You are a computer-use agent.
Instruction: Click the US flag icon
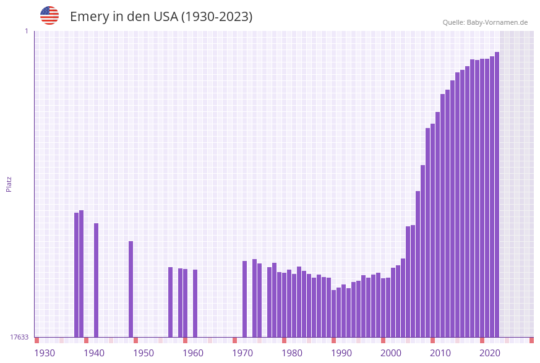[x=49, y=15]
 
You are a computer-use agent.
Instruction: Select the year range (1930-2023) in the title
[x=216, y=17]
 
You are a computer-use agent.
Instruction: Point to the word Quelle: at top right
[x=453, y=23]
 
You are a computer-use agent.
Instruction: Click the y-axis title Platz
[x=9, y=184]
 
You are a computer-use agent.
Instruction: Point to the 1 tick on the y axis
[x=26, y=31]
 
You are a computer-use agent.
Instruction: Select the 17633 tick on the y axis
[x=19, y=337]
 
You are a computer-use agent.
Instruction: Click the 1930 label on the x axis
[x=45, y=353]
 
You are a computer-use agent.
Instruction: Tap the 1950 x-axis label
[x=144, y=353]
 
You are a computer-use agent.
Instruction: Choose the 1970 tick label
[x=242, y=353]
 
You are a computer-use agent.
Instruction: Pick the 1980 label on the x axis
[x=292, y=353]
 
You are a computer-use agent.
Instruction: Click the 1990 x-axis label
[x=341, y=353]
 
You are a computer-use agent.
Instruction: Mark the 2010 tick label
[x=440, y=353]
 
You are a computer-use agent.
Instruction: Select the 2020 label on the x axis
[x=490, y=353]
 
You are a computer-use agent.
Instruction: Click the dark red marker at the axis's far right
[x=531, y=340]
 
